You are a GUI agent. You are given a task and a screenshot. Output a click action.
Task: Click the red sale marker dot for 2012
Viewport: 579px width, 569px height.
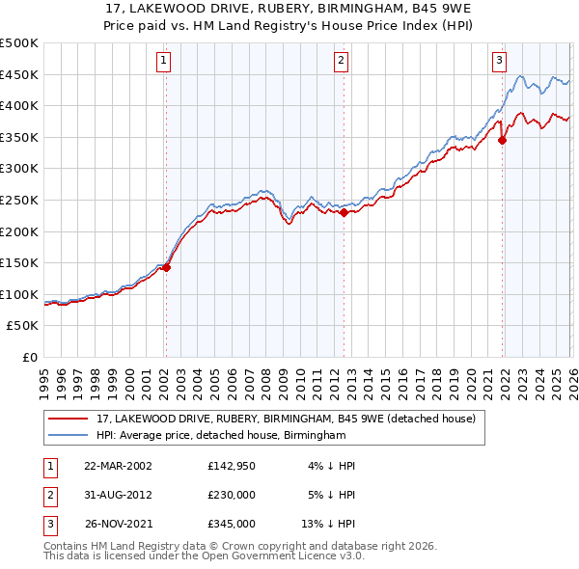[x=344, y=212]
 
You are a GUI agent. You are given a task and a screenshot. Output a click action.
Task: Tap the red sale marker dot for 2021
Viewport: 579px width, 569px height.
[x=502, y=140]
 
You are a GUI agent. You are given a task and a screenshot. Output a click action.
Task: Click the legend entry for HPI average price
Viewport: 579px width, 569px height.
[x=221, y=436]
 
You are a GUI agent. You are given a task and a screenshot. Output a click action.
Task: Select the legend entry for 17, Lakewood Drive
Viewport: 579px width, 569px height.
[x=286, y=419]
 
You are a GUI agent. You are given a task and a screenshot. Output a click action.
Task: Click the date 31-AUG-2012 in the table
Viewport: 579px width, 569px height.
[x=118, y=495]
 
